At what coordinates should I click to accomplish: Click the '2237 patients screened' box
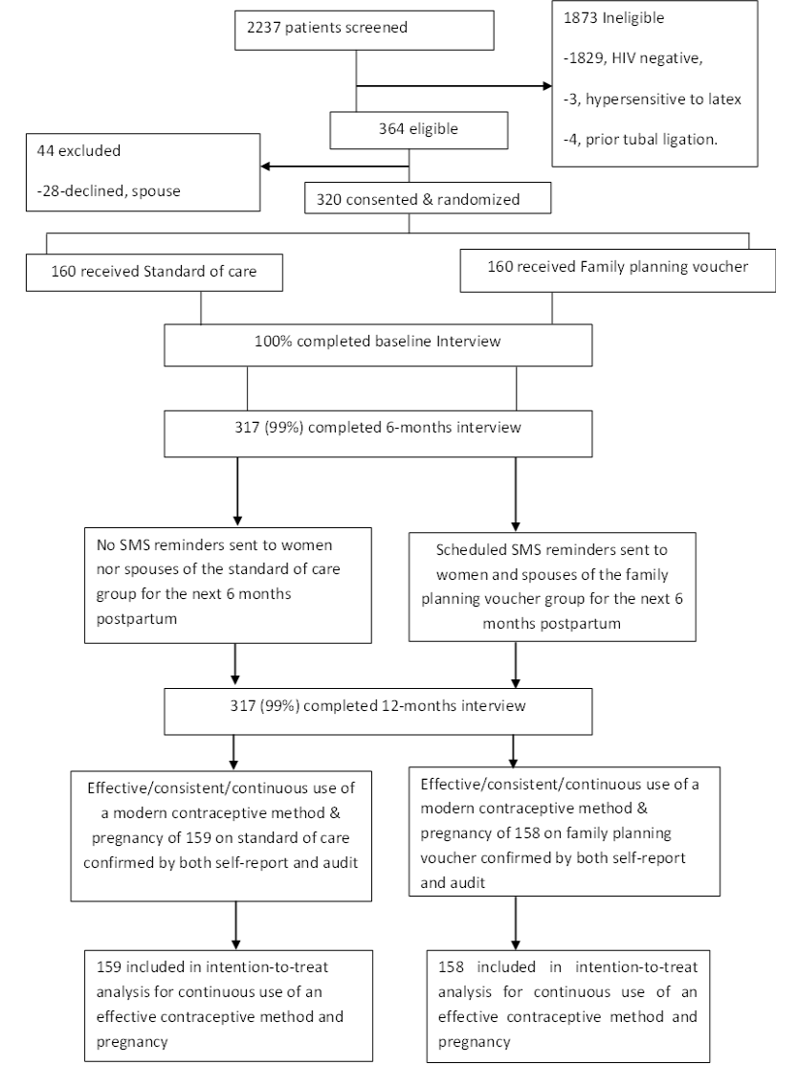[364, 30]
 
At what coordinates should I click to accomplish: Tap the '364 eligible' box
[418, 129]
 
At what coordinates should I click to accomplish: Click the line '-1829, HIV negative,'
[632, 58]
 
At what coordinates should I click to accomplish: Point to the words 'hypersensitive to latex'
[663, 100]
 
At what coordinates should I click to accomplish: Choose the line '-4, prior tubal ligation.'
[640, 140]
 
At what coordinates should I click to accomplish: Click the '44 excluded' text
[78, 150]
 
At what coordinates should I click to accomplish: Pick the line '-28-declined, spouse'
[109, 190]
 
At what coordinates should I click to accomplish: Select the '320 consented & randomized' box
[428, 199]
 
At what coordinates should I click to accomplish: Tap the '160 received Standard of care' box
[154, 273]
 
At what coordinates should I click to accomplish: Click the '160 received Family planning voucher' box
[617, 271]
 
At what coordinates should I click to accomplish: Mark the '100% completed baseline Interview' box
[378, 345]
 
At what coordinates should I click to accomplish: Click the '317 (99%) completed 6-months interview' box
[378, 433]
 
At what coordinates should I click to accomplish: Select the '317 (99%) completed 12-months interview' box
[378, 711]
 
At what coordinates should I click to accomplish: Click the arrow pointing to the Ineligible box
[454, 86]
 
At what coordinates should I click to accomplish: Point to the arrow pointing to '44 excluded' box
[335, 166]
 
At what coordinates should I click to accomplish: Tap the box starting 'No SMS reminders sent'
[228, 585]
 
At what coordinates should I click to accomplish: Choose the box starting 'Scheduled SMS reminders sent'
[552, 587]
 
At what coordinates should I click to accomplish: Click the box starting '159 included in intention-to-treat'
[229, 1006]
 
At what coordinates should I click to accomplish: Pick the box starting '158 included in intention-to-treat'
[567, 1006]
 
